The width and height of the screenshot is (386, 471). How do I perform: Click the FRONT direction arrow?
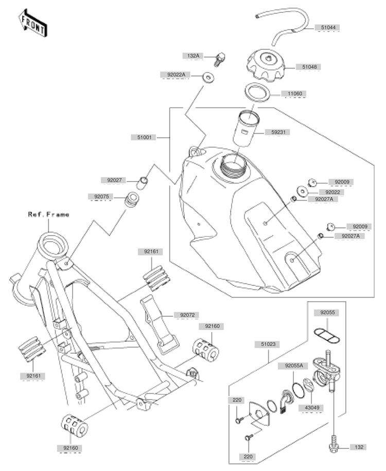point(32,23)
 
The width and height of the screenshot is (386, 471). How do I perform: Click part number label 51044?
point(328,27)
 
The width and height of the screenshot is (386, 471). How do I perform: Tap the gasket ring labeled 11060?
point(257,92)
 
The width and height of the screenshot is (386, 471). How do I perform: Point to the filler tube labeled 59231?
point(245,129)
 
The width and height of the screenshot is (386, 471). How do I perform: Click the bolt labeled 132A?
point(220,60)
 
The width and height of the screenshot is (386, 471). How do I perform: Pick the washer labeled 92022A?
point(208,77)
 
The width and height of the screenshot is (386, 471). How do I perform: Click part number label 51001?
point(144,137)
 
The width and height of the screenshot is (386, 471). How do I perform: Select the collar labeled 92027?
point(142,183)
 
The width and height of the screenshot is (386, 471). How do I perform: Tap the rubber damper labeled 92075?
point(132,200)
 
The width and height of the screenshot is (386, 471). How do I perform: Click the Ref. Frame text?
point(49,214)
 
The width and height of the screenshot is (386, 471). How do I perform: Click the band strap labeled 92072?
point(160,325)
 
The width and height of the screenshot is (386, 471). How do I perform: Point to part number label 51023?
point(268,344)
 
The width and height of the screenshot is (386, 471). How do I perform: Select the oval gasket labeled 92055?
point(327,336)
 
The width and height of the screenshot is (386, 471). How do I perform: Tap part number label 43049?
point(312,408)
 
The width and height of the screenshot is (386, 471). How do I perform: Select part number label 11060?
point(294,94)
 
